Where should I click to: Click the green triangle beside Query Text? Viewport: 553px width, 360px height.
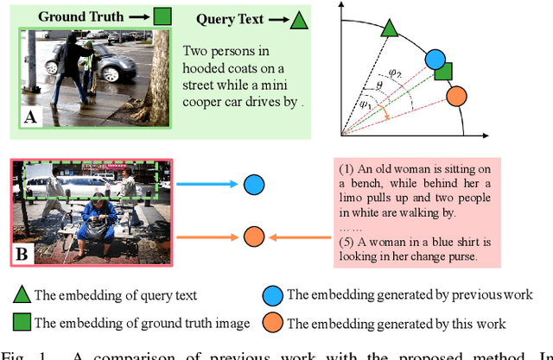pos(298,19)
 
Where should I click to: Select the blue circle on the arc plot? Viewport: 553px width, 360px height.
pos(436,60)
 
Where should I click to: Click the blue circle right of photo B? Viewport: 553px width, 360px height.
pos(253,185)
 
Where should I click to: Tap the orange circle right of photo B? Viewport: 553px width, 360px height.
pos(253,236)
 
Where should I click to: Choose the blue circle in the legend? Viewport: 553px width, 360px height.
pos(273,295)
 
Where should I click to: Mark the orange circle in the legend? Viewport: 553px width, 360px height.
pos(273,324)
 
